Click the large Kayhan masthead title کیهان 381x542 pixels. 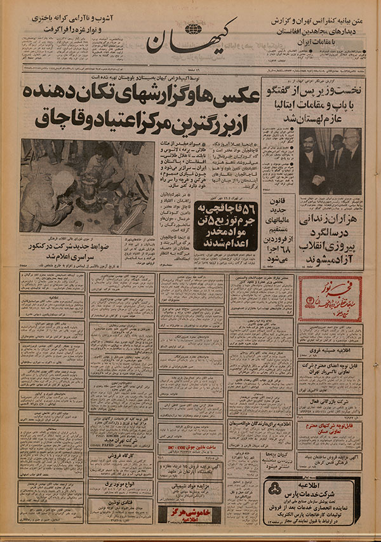pyautogui.click(x=190, y=42)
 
